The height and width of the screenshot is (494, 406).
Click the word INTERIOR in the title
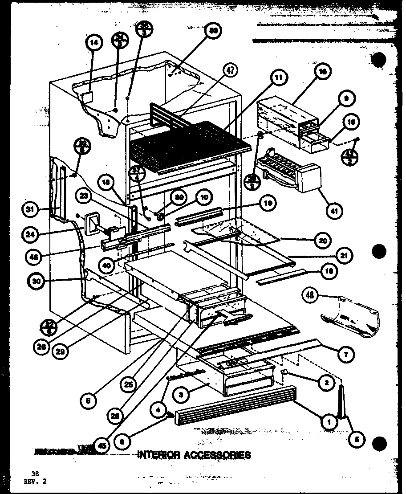point(158,455)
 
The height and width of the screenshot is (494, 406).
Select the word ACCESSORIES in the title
point(217,455)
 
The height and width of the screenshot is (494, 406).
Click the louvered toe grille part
point(234,405)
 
